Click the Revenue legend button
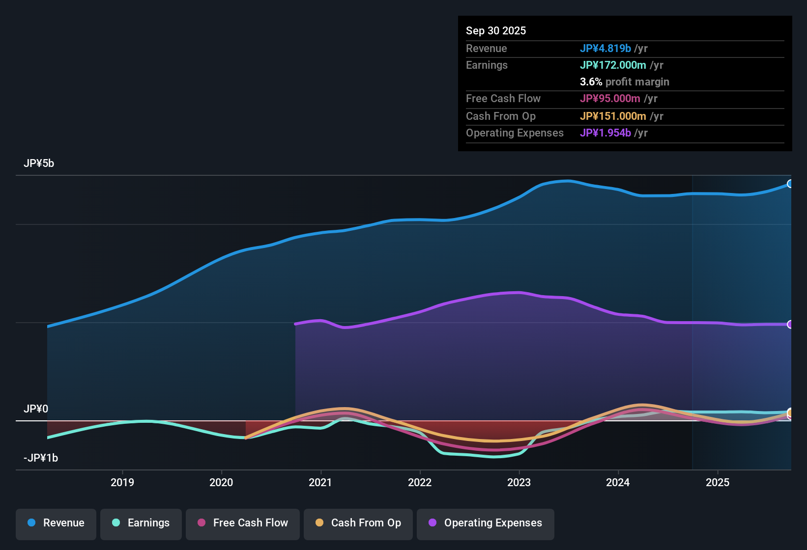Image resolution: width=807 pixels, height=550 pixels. [x=56, y=523]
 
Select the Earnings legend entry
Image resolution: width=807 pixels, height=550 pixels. [x=141, y=523]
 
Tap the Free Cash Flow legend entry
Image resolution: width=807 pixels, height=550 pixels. [x=243, y=523]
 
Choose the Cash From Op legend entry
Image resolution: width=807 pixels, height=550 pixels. [x=358, y=523]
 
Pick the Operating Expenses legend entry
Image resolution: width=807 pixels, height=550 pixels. [x=486, y=523]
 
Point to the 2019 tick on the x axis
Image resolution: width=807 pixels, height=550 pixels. [x=122, y=482]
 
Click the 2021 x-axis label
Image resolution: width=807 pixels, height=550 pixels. [x=320, y=482]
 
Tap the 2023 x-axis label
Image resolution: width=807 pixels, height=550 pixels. [x=519, y=482]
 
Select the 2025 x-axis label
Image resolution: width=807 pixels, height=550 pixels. [x=718, y=482]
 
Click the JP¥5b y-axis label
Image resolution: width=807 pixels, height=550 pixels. [x=39, y=164]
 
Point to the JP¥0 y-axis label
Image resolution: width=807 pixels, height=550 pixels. [x=36, y=409]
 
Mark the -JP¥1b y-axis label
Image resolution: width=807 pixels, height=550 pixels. [x=41, y=458]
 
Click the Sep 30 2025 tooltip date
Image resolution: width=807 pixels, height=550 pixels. [x=496, y=30]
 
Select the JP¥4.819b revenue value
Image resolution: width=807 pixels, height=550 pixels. [x=605, y=48]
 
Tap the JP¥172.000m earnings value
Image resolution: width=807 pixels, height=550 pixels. [x=613, y=65]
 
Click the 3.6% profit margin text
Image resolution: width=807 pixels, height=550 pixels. [x=624, y=82]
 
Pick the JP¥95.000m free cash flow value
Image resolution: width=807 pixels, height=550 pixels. [x=610, y=98]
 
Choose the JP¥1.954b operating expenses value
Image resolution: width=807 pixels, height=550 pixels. [x=605, y=133]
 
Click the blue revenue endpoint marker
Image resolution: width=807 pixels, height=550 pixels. [x=790, y=184]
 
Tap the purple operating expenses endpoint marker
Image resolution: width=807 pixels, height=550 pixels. [x=790, y=324]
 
